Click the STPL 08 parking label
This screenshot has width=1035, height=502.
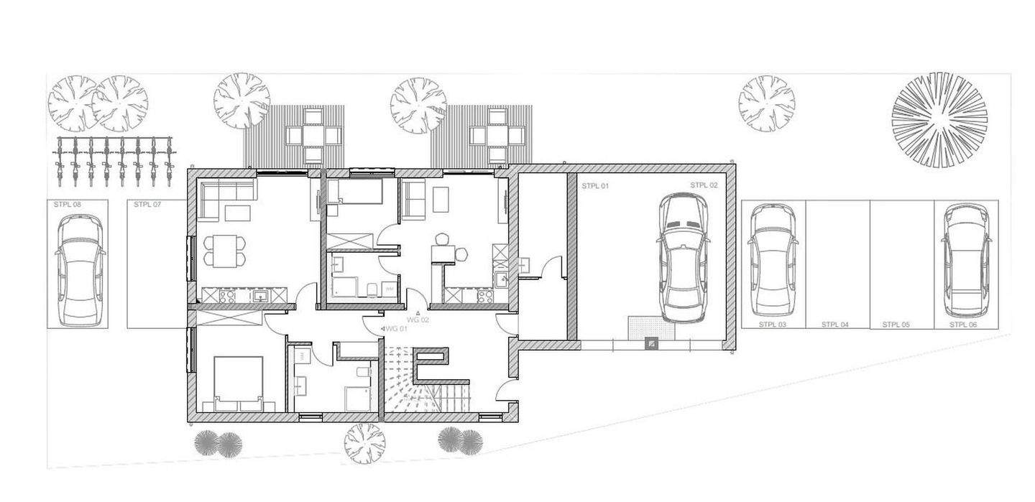[x=68, y=205]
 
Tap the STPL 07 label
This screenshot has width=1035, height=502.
[x=147, y=205]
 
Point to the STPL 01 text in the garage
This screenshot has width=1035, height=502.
[x=595, y=186]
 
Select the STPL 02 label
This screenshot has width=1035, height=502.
[x=704, y=185]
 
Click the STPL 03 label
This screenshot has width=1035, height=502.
[x=773, y=325]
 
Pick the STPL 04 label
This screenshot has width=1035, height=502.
[x=835, y=325]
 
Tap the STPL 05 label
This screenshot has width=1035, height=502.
[x=896, y=325]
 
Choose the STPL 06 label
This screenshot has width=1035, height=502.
[x=963, y=325]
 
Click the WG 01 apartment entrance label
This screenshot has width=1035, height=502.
[x=396, y=329]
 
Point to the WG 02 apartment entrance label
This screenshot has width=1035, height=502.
[x=418, y=320]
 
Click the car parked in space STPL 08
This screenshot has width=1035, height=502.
[x=80, y=269]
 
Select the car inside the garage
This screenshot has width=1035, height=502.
[x=683, y=258]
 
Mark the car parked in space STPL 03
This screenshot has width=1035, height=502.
[x=772, y=260]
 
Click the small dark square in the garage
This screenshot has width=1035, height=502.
[x=651, y=345]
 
